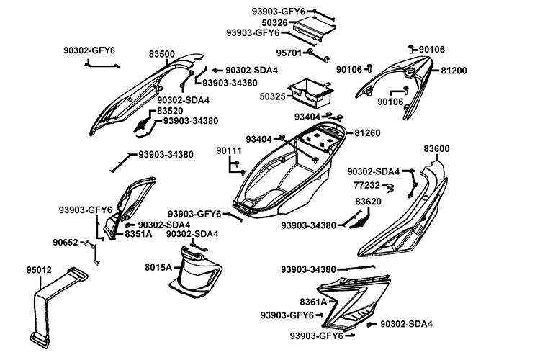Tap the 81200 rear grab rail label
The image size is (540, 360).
(454, 71)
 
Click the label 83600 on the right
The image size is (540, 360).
(436, 149)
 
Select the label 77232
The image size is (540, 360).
(366, 185)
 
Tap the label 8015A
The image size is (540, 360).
(158, 267)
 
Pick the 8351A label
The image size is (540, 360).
(138, 234)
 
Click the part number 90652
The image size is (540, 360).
(66, 243)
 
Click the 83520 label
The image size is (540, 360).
(170, 112)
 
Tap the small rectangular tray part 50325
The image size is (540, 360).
(310, 90)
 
